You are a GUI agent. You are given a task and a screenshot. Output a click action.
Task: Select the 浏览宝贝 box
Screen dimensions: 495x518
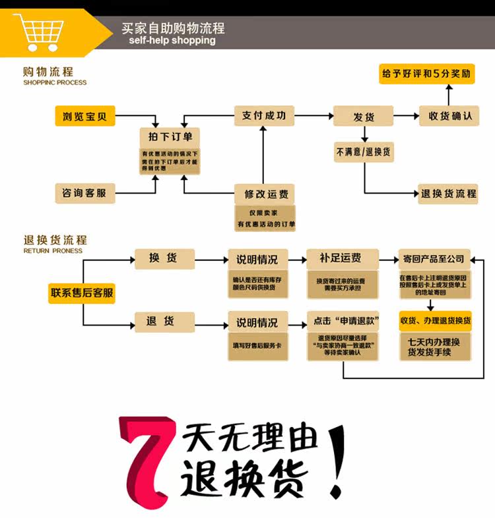pos(84,118)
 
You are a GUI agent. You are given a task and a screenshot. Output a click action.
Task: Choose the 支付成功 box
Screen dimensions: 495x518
pos(263,115)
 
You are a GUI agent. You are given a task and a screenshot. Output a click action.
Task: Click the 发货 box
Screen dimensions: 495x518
pos(363,117)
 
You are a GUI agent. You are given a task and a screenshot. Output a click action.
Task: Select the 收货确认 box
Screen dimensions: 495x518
pos(449,116)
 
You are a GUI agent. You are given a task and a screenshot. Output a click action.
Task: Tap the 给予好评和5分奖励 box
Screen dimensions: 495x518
pos(427,74)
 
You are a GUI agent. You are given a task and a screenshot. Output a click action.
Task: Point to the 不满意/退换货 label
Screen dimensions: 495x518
pos(363,152)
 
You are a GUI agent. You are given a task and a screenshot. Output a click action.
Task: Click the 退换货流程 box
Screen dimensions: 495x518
pos(448,194)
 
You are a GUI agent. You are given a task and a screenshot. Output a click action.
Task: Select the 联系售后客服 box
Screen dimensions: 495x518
pos(81,293)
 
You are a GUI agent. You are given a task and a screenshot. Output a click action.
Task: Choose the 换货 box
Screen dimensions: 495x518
pos(164,258)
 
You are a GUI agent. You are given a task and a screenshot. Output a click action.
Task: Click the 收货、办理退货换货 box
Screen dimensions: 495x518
pos(435,321)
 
